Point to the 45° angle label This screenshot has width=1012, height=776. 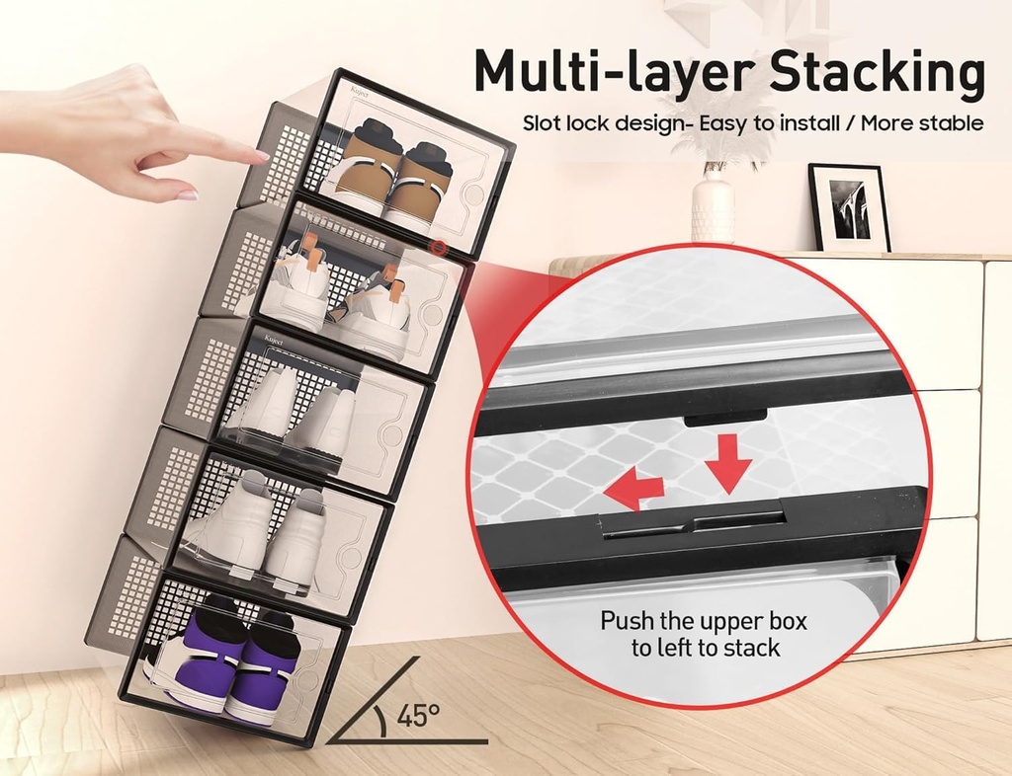[x=418, y=714]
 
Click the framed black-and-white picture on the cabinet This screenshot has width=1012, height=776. [x=849, y=207]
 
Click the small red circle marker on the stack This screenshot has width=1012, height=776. [x=436, y=247]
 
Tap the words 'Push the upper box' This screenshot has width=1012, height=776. [x=704, y=622]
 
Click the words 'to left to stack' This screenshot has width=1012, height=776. [x=706, y=649]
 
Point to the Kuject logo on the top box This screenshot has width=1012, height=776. [x=357, y=95]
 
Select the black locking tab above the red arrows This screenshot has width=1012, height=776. [x=725, y=418]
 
